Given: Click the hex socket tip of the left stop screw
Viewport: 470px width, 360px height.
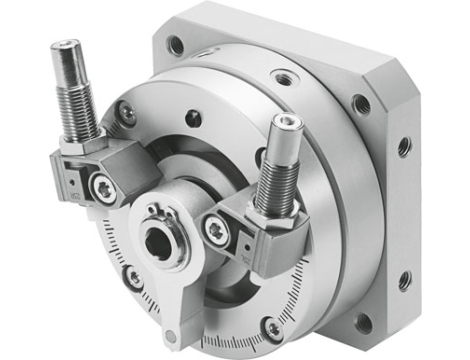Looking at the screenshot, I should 67,46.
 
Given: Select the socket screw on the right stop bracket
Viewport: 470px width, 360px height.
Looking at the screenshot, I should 215,229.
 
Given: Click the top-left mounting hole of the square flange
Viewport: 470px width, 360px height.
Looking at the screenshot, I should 177,45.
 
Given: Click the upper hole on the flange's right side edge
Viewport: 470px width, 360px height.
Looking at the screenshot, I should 404,146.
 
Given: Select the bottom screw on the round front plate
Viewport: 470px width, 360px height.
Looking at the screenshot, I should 272,327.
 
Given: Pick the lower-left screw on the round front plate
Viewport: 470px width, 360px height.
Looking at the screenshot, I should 132,277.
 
